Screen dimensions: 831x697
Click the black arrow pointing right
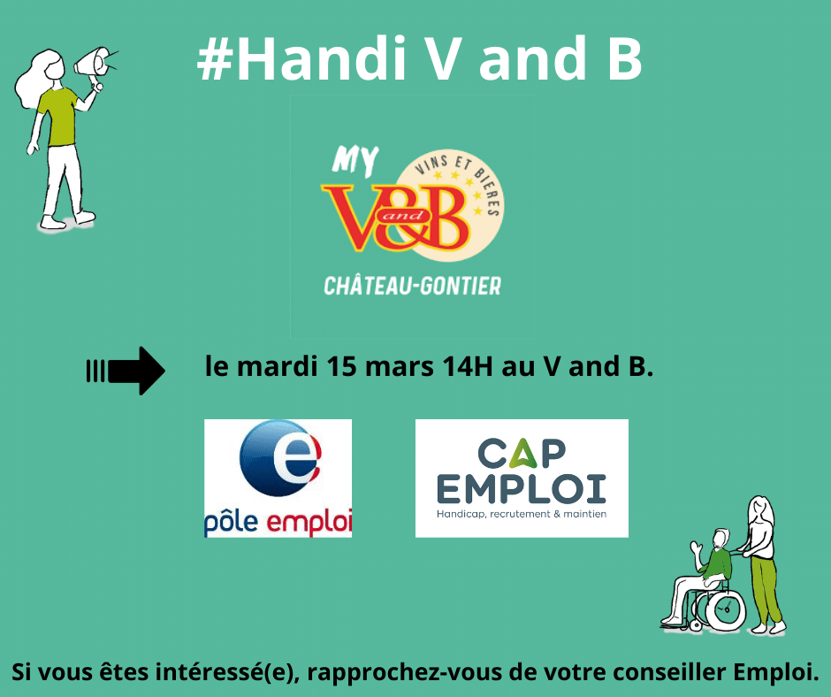(x=126, y=371)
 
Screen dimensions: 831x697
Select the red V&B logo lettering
(x=396, y=217)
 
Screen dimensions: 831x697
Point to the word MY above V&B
(x=355, y=161)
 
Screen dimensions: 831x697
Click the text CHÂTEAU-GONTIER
(x=412, y=287)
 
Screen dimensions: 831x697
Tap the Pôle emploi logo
(x=278, y=478)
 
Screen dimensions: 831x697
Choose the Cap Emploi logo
(x=522, y=478)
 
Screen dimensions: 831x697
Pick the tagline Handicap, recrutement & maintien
(x=522, y=514)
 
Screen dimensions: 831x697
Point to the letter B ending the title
(x=626, y=58)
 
